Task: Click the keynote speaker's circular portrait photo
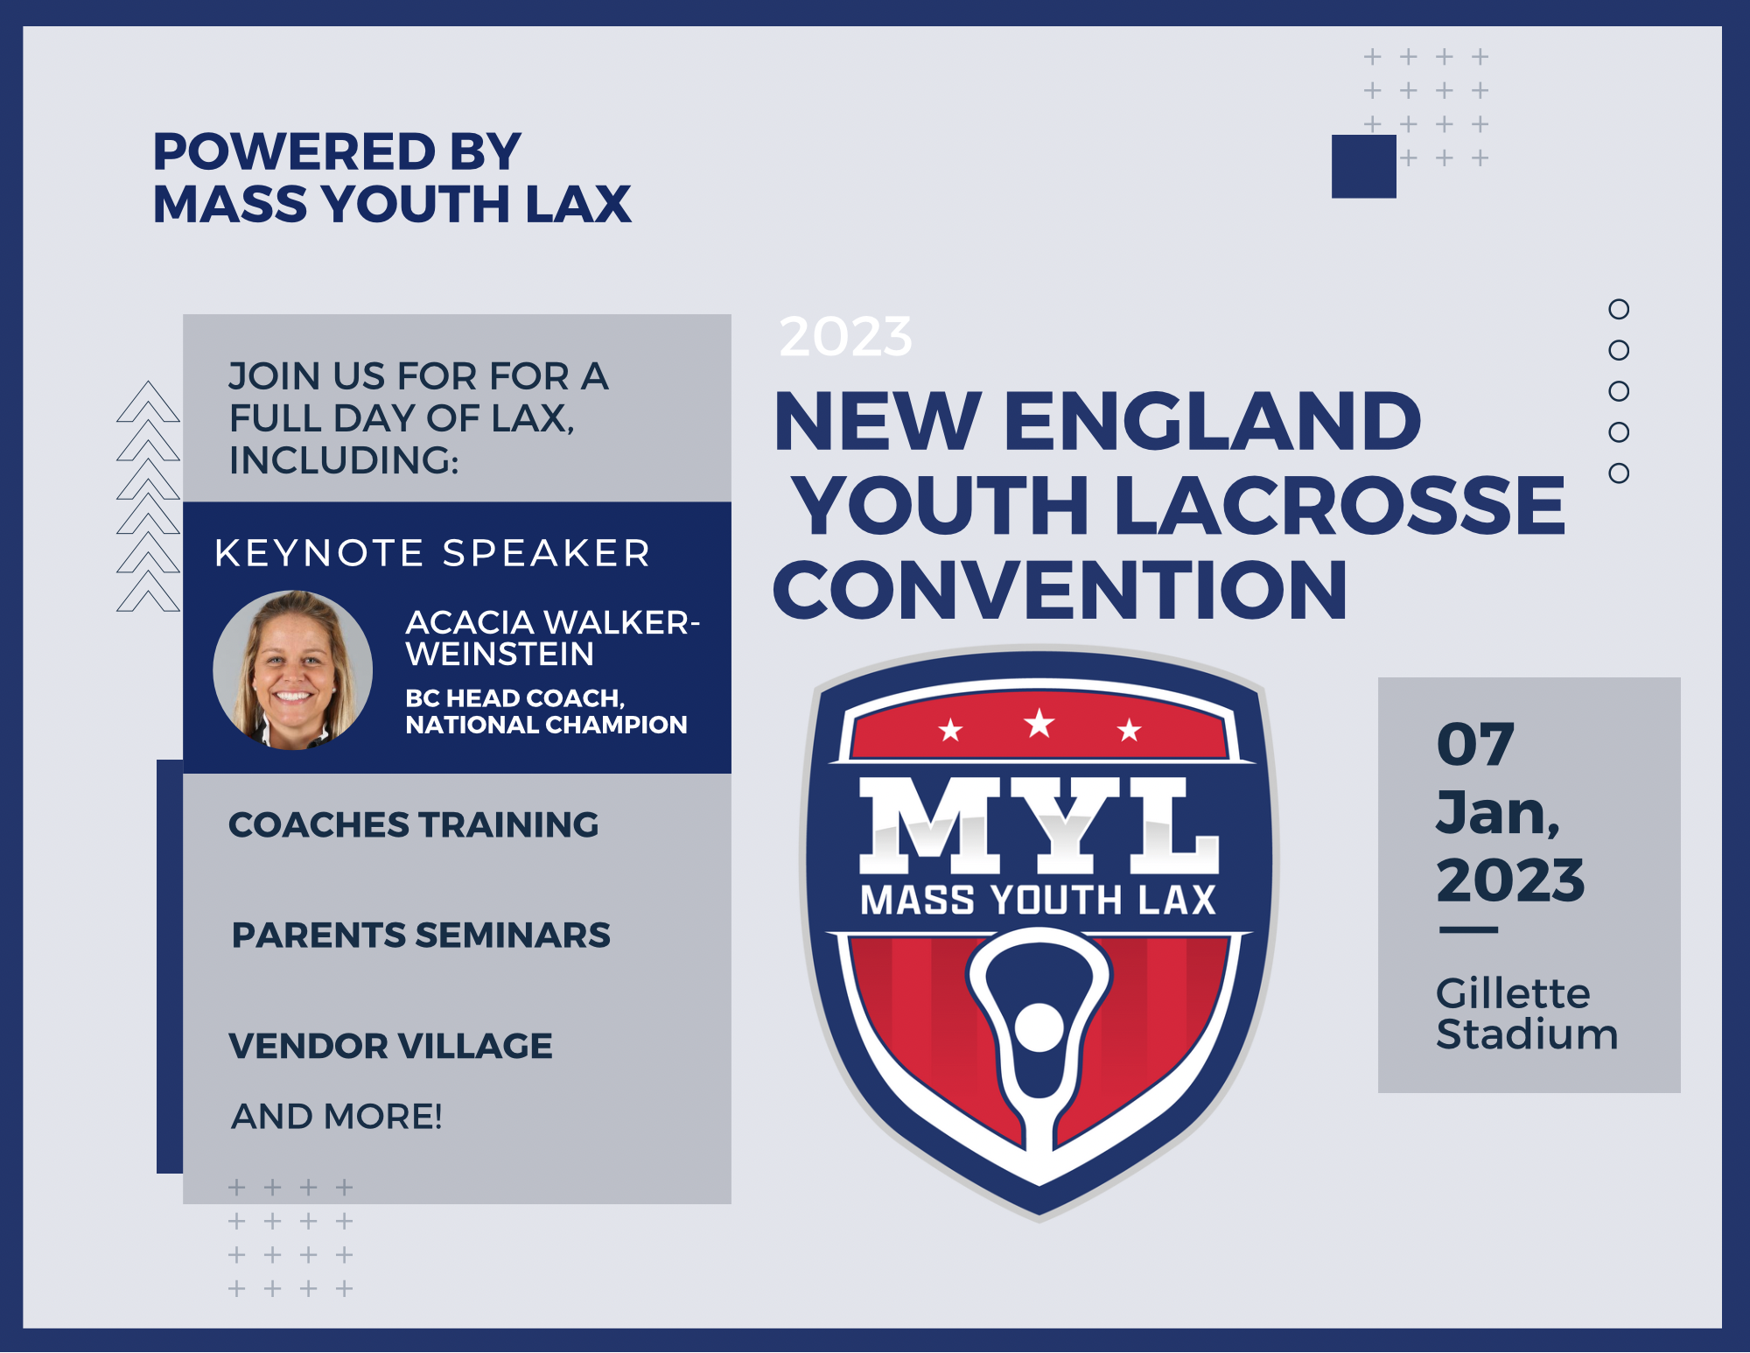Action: tap(293, 670)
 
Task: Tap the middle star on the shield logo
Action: tap(1039, 724)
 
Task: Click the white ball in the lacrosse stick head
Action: tap(1038, 1026)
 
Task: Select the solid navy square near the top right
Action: tap(1363, 166)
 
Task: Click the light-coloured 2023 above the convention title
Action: tap(845, 336)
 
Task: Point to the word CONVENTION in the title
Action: tap(1060, 590)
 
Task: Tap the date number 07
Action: tap(1475, 745)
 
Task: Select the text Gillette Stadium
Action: tap(1526, 1013)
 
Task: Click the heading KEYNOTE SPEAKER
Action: tap(433, 553)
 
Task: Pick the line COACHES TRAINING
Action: tap(413, 824)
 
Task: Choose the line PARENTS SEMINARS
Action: tap(421, 935)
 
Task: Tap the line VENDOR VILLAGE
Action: tap(390, 1046)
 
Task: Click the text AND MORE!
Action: tap(337, 1117)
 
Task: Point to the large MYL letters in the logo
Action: tap(1039, 825)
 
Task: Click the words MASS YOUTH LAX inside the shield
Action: tap(1039, 900)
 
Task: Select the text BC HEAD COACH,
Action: tap(514, 698)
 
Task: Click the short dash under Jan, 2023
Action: tap(1468, 930)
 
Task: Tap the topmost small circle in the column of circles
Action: tap(1619, 309)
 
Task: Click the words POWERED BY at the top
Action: tap(337, 151)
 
